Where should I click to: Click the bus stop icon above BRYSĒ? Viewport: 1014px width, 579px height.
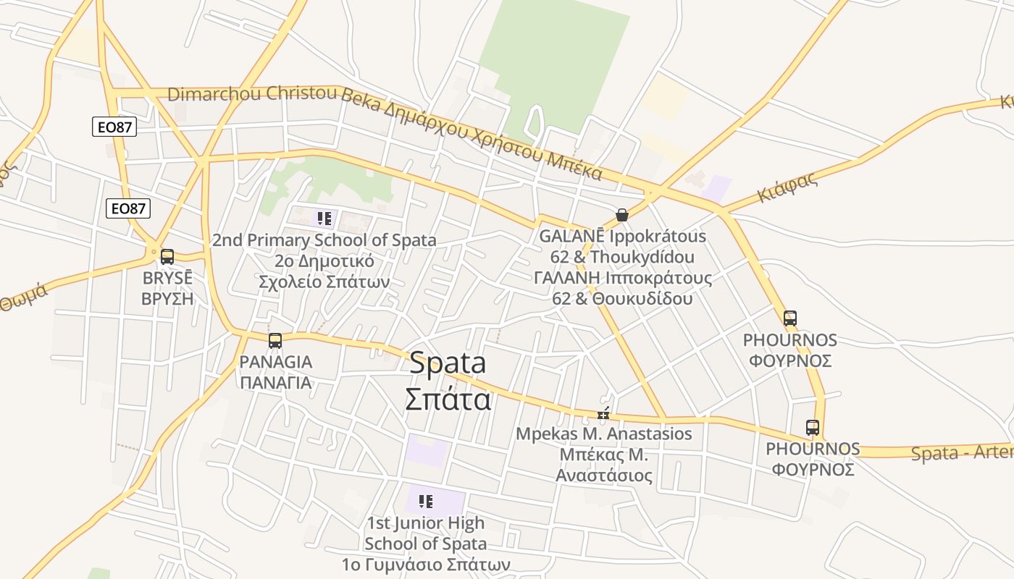167,256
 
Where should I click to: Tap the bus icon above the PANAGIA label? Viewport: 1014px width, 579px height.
275,341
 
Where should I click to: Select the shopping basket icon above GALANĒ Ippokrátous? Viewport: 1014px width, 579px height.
621,215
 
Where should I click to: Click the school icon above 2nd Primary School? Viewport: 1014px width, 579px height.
324,218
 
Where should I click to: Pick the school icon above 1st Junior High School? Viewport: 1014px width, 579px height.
426,501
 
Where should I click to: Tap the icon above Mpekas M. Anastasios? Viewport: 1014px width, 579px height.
603,415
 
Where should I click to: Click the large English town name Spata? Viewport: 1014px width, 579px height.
448,363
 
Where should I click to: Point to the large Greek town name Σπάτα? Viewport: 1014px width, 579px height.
448,399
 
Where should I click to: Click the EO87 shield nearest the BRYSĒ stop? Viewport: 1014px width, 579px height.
128,208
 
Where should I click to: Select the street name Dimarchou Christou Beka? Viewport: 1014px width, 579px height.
252,94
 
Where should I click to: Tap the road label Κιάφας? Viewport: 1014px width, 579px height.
787,187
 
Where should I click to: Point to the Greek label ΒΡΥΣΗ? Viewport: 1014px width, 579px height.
167,297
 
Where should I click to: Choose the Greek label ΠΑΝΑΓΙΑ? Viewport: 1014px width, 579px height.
276,382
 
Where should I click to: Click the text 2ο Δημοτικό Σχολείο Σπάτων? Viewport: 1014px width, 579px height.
324,271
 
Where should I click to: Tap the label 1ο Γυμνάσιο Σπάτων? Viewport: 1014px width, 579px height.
426,564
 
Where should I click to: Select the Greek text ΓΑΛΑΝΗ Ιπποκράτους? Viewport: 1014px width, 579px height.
622,278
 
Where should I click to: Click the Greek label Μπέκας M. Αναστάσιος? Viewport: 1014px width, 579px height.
603,465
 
